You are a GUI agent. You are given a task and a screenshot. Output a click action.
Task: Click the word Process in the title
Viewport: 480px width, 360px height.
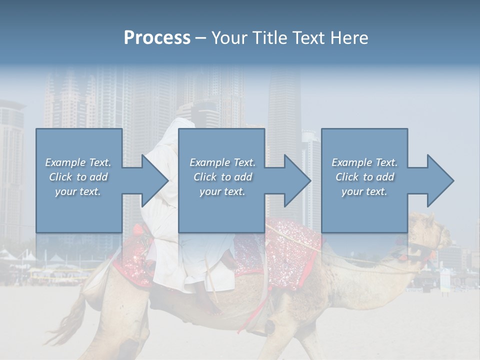pos(157,38)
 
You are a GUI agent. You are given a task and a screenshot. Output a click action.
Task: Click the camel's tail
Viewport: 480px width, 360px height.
pos(70,320)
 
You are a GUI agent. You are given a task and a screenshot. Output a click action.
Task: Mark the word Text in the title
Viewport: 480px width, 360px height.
pos(307,38)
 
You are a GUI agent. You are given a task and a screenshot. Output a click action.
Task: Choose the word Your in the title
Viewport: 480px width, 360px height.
pos(228,38)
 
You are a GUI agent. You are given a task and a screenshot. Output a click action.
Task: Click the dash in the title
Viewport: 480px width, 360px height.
pos(200,38)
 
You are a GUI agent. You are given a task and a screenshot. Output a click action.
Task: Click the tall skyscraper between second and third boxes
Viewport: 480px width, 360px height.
pos(285,110)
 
